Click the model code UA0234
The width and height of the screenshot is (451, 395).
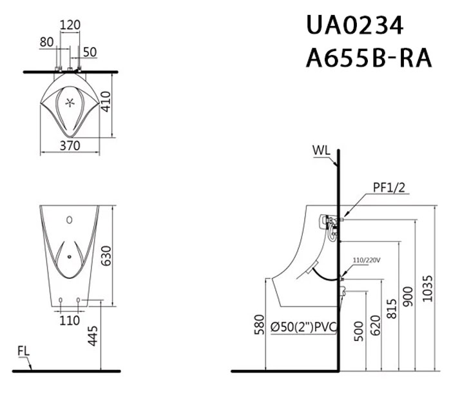pyautogui.click(x=355, y=25)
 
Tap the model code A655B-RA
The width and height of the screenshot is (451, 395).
pyautogui.click(x=369, y=58)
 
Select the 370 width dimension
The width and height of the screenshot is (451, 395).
pyautogui.click(x=70, y=146)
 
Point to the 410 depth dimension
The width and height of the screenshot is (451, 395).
pyautogui.click(x=106, y=101)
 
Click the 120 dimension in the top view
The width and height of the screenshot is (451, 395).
pyautogui.click(x=70, y=25)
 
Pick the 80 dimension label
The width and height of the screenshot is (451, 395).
pyautogui.click(x=46, y=42)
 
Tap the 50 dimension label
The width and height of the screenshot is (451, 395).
pyautogui.click(x=90, y=52)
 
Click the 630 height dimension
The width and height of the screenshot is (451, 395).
pyautogui.click(x=106, y=256)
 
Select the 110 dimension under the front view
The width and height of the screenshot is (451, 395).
pyautogui.click(x=70, y=320)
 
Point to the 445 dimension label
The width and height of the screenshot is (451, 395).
pyautogui.click(x=93, y=336)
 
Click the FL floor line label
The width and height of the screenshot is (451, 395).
pyautogui.click(x=24, y=351)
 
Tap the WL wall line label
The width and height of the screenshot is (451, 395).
pyautogui.click(x=321, y=150)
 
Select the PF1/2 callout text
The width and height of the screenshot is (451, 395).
pyautogui.click(x=389, y=188)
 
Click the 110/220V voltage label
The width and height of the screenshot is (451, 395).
pyautogui.click(x=367, y=260)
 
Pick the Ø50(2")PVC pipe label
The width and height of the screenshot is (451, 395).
pyautogui.click(x=303, y=327)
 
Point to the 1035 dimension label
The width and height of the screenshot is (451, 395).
pyautogui.click(x=427, y=289)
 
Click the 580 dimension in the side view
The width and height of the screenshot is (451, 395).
pyautogui.click(x=260, y=325)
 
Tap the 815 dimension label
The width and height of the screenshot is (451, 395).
pyautogui.click(x=392, y=309)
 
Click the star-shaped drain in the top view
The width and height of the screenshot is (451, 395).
pyautogui.click(x=70, y=102)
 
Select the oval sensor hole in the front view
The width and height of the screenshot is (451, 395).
pyautogui.click(x=70, y=220)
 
